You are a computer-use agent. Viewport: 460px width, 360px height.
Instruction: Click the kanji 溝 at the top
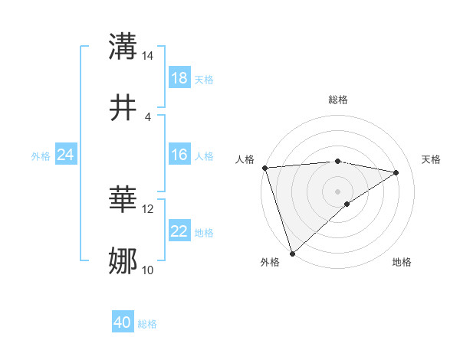coord(123,47)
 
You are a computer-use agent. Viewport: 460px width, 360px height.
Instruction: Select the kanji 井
coord(123,106)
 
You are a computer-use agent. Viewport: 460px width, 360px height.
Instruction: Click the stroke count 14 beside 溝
coord(147,57)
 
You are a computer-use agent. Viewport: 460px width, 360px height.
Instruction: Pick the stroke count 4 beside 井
coord(147,116)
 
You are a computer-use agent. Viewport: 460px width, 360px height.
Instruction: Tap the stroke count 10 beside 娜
coord(147,270)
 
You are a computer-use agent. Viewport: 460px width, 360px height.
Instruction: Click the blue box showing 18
coord(179,78)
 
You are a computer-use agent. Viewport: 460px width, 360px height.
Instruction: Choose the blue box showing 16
coord(179,155)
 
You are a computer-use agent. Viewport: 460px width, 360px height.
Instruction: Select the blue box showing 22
coord(179,232)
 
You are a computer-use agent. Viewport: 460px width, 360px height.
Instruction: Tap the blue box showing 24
coord(66,155)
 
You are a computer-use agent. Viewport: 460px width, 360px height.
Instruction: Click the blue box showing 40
coord(123,322)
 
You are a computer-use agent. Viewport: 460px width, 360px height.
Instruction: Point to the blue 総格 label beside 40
coord(147,324)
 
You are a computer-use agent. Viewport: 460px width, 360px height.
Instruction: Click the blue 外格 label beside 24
coord(41,156)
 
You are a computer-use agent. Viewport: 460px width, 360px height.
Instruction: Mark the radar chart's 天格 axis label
coord(432,159)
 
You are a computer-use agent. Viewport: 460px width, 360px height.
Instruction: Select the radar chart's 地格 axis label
coord(402,262)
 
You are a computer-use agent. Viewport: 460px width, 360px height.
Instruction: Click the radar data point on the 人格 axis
coord(264,168)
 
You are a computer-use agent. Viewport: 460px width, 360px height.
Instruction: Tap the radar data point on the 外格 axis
coord(292,253)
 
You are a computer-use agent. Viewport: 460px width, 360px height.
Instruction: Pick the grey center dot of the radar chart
coord(337,191)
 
